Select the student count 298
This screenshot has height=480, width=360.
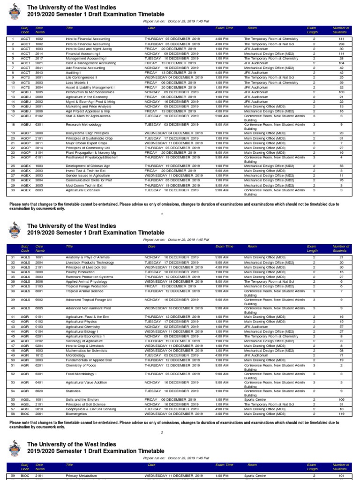point(341,44)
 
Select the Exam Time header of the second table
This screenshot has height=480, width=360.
point(224,246)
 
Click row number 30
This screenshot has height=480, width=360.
point(14,190)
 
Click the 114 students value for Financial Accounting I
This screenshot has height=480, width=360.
point(341,53)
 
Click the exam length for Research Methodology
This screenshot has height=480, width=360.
point(314,125)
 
